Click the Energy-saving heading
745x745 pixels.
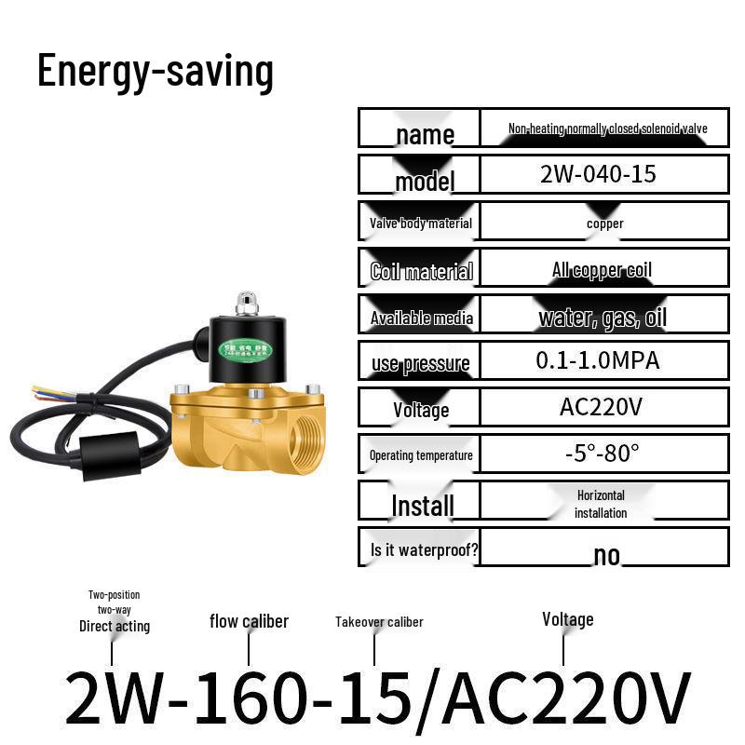[x=156, y=72]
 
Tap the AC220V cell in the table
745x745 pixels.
[x=602, y=407]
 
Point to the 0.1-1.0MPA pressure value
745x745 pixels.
[x=598, y=360]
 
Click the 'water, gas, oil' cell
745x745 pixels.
[x=603, y=318]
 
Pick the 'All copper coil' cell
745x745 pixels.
[x=602, y=270]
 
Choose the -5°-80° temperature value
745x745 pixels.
[x=603, y=454]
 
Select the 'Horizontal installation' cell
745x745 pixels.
[x=601, y=504]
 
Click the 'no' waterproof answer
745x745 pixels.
[x=606, y=555]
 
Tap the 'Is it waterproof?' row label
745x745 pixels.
[x=424, y=549]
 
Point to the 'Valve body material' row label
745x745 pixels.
[x=421, y=223]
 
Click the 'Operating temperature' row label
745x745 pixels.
[x=421, y=455]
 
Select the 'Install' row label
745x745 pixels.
[x=423, y=506]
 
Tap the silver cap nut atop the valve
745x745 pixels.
[x=247, y=303]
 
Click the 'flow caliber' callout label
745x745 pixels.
[x=249, y=621]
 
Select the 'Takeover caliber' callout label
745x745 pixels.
[x=379, y=621]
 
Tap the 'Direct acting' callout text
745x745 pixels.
[x=115, y=626]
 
